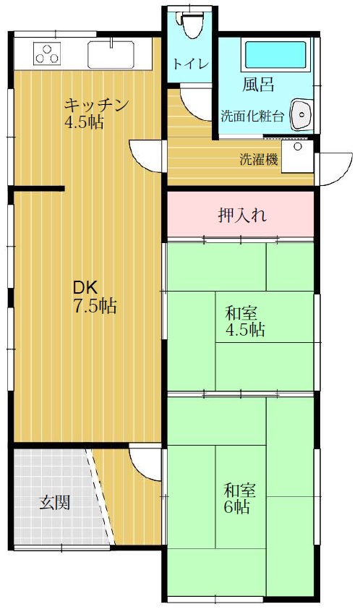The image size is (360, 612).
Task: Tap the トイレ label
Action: pos(191,64)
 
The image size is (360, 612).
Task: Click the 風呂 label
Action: pos(258,85)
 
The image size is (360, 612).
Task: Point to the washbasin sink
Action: pos(301,114)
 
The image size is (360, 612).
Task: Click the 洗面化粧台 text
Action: pos(252,116)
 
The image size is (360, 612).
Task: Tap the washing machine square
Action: pos(298,156)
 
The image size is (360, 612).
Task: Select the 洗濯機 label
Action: pos(259,159)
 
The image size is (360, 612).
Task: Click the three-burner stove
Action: pos(48,54)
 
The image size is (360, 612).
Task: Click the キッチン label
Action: pos(96,106)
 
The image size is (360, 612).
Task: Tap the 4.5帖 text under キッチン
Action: pos(84,123)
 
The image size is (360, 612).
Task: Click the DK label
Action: pos(85,288)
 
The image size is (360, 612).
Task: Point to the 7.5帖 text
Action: pos(95,305)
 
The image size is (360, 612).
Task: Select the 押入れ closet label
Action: pos(242,215)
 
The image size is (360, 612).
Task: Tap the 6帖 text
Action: pos(237,507)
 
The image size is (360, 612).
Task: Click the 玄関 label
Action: pos(55,503)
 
